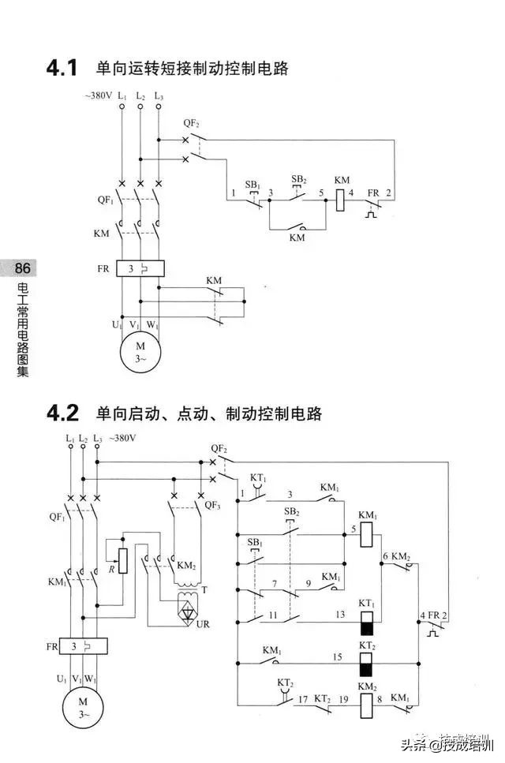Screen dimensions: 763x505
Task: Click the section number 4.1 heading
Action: tap(62, 69)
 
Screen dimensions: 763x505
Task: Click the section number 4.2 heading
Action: tap(63, 413)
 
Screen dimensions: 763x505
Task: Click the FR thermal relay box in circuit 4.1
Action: tap(140, 268)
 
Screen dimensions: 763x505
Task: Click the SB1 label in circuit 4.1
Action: tap(252, 184)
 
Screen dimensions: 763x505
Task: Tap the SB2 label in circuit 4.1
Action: tap(298, 178)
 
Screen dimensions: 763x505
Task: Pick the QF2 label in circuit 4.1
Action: tap(192, 123)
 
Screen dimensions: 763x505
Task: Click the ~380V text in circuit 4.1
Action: tap(99, 95)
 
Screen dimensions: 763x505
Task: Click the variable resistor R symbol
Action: tap(122, 562)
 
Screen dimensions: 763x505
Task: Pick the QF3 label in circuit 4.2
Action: tap(212, 505)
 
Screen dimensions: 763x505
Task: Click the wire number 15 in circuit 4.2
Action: tap(337, 656)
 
